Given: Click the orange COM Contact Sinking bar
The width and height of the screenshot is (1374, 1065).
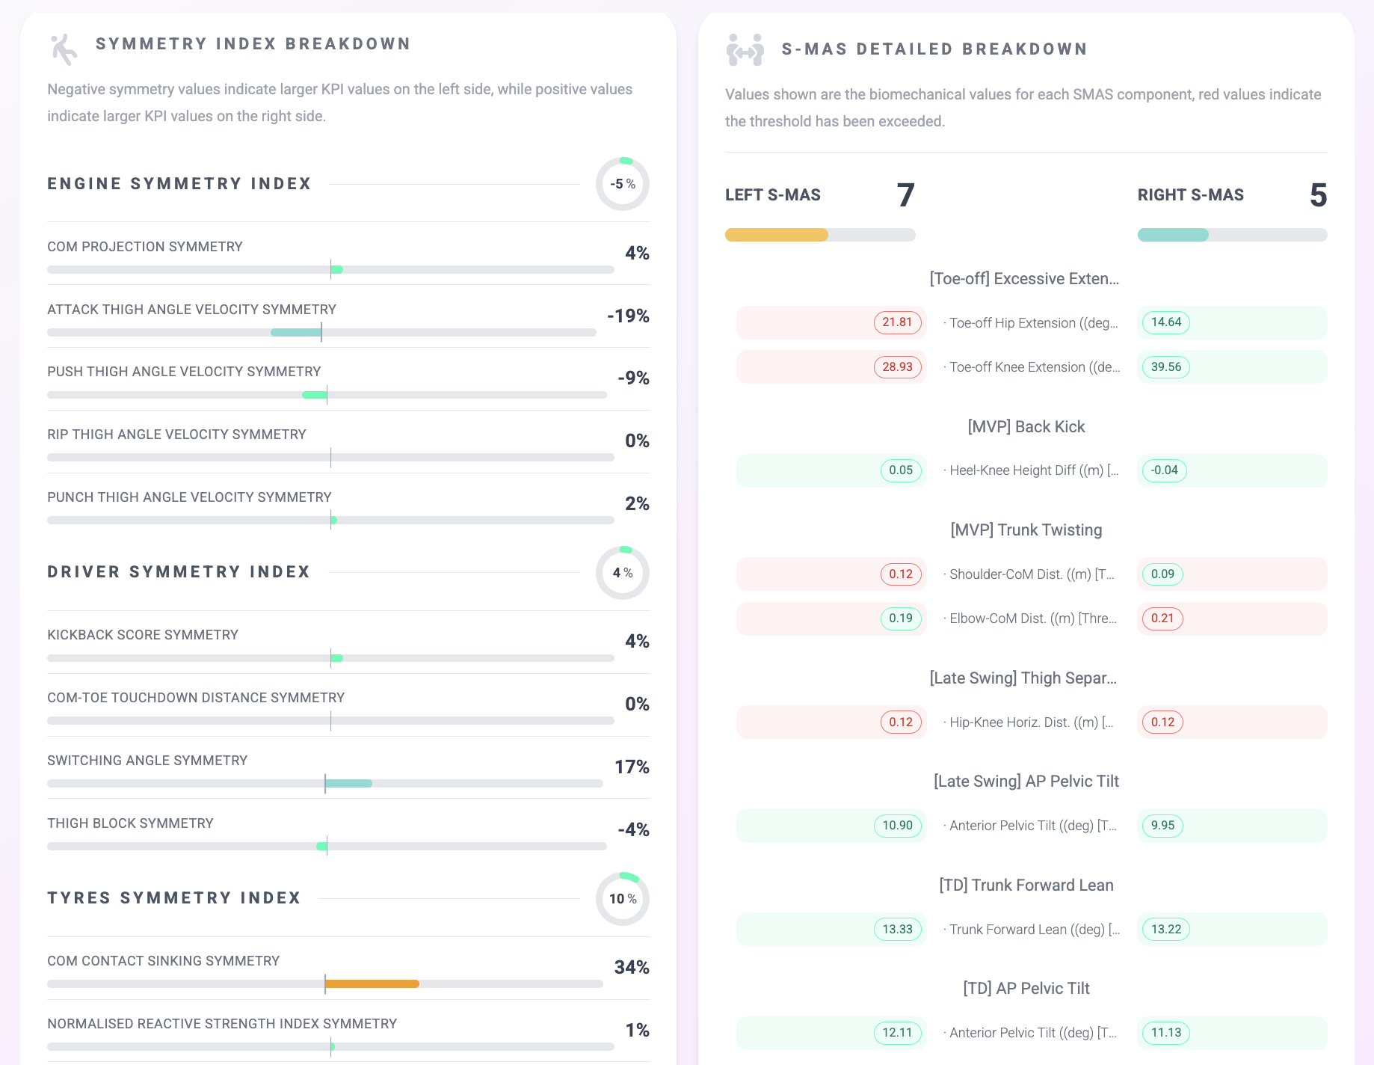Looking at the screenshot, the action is click(372, 984).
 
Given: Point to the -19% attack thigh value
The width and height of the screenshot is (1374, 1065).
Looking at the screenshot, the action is click(628, 316).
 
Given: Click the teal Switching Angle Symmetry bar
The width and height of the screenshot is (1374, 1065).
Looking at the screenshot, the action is click(348, 784).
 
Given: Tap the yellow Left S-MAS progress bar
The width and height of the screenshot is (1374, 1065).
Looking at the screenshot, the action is click(777, 235).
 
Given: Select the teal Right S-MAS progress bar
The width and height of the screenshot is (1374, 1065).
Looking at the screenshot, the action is click(1173, 235).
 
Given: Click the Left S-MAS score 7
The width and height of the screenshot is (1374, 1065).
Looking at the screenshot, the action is click(905, 195).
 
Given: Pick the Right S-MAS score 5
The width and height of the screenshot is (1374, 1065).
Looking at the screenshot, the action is click(1318, 195).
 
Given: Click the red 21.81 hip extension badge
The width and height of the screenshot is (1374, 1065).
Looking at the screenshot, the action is click(897, 322).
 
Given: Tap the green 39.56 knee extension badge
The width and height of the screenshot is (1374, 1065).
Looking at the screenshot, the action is click(1166, 367).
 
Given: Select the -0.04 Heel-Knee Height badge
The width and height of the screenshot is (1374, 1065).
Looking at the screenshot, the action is click(1165, 470).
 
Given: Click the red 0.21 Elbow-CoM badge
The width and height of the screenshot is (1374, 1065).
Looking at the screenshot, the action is click(1162, 619).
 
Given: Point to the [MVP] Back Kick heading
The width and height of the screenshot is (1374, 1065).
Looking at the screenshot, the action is click(1026, 427).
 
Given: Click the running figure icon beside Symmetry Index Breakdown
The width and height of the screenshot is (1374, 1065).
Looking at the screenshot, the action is click(64, 49).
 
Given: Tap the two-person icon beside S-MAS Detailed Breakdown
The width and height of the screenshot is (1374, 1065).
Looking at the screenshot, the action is click(745, 50).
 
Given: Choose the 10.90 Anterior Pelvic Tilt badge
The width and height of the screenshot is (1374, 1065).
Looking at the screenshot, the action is click(897, 826).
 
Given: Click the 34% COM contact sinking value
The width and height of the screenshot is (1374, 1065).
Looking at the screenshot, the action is click(632, 967).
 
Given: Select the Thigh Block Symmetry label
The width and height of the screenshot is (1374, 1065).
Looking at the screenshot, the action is click(130, 823).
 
